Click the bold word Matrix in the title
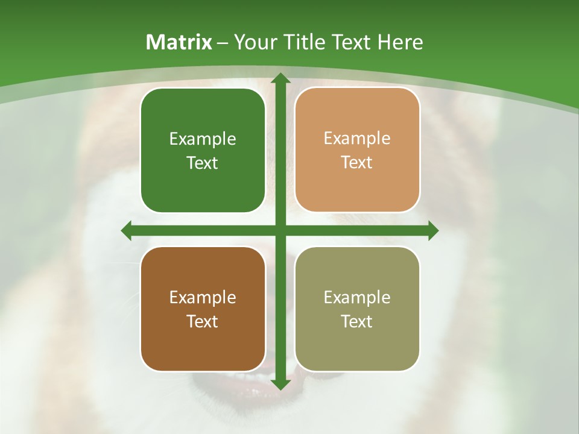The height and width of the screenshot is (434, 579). click(x=179, y=42)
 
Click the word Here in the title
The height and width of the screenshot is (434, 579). click(x=400, y=42)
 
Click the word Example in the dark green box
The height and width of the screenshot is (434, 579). click(x=203, y=139)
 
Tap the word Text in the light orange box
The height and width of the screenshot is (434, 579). click(x=357, y=163)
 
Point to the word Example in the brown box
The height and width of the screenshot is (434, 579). click(x=203, y=297)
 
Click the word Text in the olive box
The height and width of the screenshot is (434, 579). click(x=357, y=321)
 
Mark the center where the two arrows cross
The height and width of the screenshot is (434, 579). click(x=280, y=230)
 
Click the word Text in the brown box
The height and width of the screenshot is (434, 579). click(x=203, y=321)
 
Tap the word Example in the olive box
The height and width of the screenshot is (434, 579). click(x=357, y=297)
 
